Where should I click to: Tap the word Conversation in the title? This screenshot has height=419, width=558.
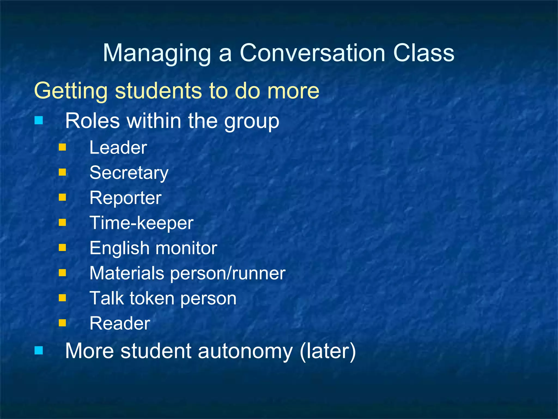[312, 53]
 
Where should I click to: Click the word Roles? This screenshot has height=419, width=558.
[93, 121]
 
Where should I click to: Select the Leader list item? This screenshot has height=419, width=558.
[118, 148]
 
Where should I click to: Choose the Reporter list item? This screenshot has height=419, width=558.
[126, 198]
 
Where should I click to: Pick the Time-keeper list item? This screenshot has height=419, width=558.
[141, 223]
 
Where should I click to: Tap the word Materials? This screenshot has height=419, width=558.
[127, 273]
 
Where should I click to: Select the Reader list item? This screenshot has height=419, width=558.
[120, 324]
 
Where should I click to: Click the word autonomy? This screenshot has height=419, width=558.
[245, 351]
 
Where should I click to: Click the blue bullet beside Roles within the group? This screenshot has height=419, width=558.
[39, 120]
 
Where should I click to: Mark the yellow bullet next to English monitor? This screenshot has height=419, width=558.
[62, 248]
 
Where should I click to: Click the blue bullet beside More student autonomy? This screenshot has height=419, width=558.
[39, 350]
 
